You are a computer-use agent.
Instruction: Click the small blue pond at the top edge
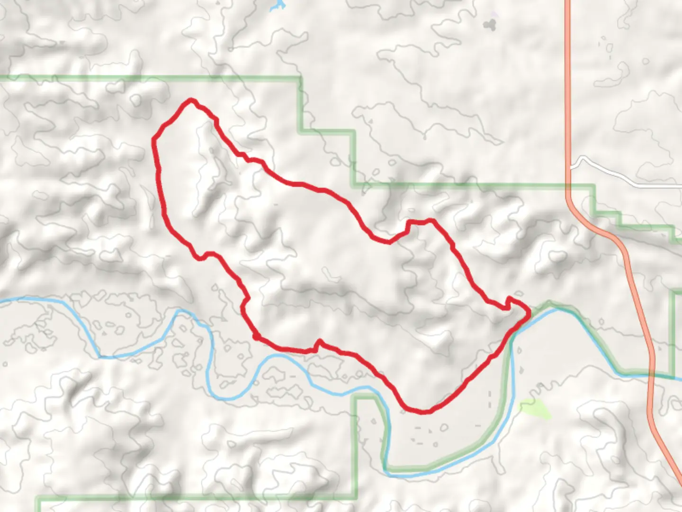(x=277, y=6)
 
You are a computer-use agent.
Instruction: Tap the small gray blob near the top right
(x=489, y=23)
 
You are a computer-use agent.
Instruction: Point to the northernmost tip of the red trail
(x=191, y=100)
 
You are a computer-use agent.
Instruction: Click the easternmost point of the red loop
(x=528, y=311)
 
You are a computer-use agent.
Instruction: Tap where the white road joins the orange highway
(x=570, y=167)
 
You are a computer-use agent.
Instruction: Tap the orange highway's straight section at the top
(x=567, y=71)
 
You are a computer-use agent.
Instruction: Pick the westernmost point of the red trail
(x=153, y=140)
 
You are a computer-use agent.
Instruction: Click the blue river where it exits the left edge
(x=2, y=301)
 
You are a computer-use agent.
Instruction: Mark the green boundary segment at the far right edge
(x=673, y=332)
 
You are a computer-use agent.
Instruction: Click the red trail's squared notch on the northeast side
(x=419, y=222)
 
